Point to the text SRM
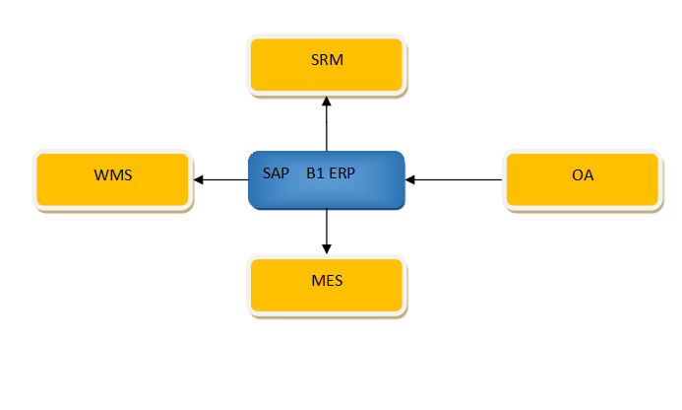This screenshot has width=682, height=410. (x=326, y=61)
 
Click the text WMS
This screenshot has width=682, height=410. (x=112, y=176)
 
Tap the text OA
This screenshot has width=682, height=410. (x=583, y=176)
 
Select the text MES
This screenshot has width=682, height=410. (x=326, y=281)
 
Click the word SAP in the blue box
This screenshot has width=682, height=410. (x=277, y=171)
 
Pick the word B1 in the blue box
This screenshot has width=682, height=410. (x=315, y=171)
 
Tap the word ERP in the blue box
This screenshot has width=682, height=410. (x=341, y=171)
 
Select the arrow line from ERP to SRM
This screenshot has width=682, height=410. (x=326, y=128)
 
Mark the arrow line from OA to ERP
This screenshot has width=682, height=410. (x=458, y=179)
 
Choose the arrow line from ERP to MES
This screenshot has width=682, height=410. (x=326, y=229)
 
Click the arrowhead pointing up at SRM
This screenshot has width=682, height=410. (x=326, y=102)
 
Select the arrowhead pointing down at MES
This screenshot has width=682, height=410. (x=326, y=248)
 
